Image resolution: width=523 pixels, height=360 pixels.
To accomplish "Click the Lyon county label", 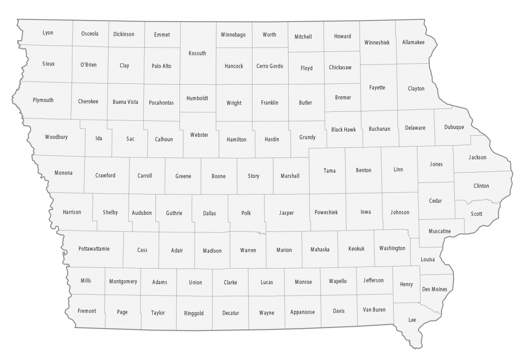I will tap(48, 33).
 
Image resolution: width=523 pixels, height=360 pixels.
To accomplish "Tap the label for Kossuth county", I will tap(197, 53).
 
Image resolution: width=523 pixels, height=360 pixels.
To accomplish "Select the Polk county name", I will tap(246, 213).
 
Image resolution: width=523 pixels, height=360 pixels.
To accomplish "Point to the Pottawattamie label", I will tap(94, 249).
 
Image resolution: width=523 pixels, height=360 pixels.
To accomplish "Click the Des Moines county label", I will tap(435, 289).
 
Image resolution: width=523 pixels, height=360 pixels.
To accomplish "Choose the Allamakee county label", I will tap(413, 42).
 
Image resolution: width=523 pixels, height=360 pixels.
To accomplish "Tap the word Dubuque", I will tap(454, 127).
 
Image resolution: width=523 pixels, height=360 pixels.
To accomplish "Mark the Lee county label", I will tap(412, 320).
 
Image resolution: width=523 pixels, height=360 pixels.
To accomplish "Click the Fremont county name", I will tap(87, 311).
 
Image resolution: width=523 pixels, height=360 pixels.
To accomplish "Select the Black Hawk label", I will tap(344, 130).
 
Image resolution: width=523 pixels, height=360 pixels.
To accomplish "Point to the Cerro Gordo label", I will tap(270, 66).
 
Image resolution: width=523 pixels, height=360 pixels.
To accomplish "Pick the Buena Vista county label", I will tap(125, 102).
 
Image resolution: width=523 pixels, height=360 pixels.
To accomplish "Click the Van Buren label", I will tap(374, 310).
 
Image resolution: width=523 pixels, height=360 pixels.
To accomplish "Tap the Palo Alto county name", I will tap(161, 66).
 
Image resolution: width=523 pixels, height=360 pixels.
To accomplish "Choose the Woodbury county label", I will tap(56, 137).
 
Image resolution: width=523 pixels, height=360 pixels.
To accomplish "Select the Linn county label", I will tap(398, 170).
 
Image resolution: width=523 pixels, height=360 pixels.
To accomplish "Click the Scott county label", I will tap(477, 214).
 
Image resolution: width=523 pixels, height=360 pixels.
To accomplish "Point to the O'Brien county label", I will tap(88, 65).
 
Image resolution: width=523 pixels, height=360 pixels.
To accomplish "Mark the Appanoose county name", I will tap(303, 312).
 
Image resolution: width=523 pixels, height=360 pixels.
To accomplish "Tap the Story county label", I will tap(253, 176).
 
